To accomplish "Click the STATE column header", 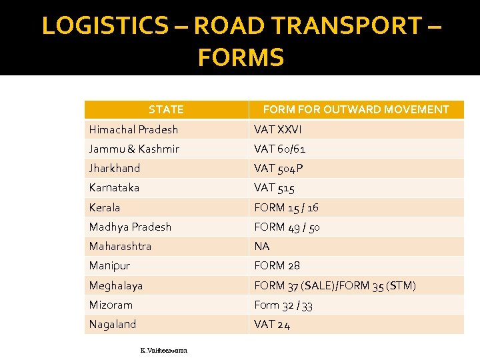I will (166, 109).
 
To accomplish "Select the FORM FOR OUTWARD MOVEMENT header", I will (356, 109).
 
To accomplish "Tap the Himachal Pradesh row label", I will (134, 129).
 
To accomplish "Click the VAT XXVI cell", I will (277, 129).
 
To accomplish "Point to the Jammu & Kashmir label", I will (134, 149).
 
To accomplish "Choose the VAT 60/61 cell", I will (279, 149).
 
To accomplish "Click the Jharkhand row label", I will (115, 168).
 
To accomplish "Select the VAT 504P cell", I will (279, 168).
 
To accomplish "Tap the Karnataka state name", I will (115, 188).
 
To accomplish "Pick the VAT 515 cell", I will (274, 188).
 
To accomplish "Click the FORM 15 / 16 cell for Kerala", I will (286, 207).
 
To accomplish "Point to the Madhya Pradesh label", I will (131, 227).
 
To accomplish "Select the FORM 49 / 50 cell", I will (287, 227).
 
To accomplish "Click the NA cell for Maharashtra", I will (261, 246).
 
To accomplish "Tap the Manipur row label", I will (110, 265).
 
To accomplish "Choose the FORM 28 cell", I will (277, 265).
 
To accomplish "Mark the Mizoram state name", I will (111, 305).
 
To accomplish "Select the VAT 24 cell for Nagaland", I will (272, 325).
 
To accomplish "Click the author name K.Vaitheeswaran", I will (164, 350).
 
